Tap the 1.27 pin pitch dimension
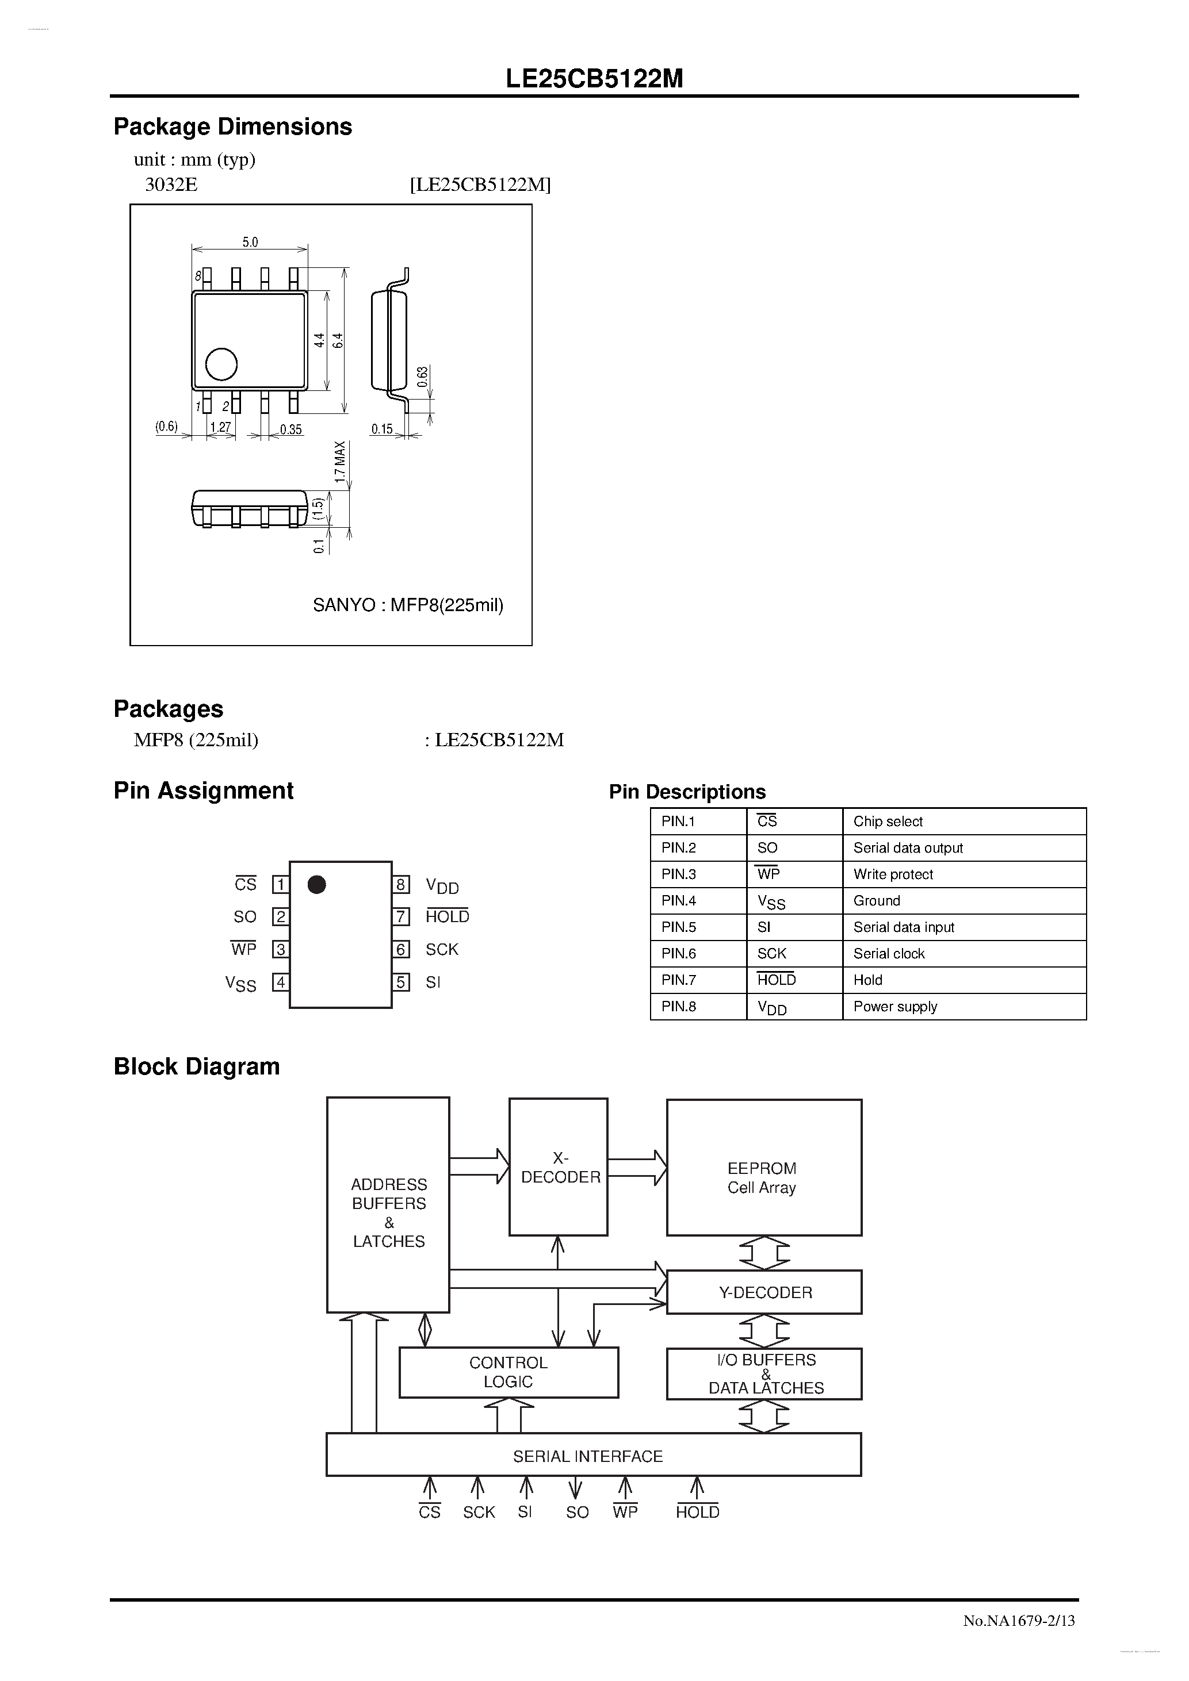coord(220,428)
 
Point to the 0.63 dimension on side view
coord(423,377)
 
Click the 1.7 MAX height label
coord(340,461)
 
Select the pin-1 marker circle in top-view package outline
coord(221,364)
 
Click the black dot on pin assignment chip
coord(316,884)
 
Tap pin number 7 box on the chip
coord(401,916)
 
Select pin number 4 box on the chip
coord(280,982)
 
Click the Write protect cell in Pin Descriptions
coord(892,874)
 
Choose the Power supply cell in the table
coord(894,1006)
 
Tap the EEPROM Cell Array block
coord(763,1167)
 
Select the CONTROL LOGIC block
coord(509,1372)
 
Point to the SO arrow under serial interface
coord(576,1488)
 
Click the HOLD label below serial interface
coord(697,1512)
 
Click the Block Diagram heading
coord(196,1067)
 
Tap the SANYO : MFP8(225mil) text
coord(408,605)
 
